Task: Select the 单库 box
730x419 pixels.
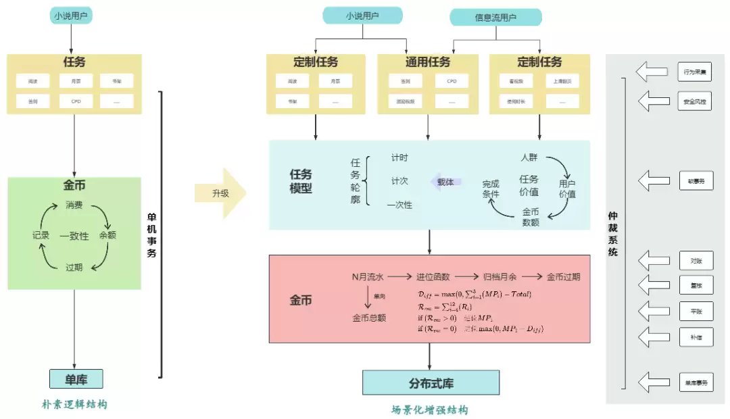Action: (76, 379)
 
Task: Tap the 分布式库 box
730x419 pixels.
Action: (431, 383)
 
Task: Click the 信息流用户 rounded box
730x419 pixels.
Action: (495, 18)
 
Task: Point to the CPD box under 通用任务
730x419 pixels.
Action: (451, 81)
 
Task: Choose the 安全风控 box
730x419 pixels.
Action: (696, 101)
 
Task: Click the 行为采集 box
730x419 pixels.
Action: (696, 70)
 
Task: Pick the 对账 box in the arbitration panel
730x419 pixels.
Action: (696, 260)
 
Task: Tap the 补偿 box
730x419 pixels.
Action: (696, 336)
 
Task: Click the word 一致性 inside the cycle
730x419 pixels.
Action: (74, 236)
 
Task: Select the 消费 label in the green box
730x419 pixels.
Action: (74, 205)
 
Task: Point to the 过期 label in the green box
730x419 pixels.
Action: (74, 267)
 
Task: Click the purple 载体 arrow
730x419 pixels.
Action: (445, 182)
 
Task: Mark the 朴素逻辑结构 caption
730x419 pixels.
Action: (74, 404)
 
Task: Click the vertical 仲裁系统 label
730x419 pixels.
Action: (613, 234)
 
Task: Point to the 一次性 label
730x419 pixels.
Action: (399, 205)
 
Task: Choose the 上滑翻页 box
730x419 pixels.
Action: (562, 81)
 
